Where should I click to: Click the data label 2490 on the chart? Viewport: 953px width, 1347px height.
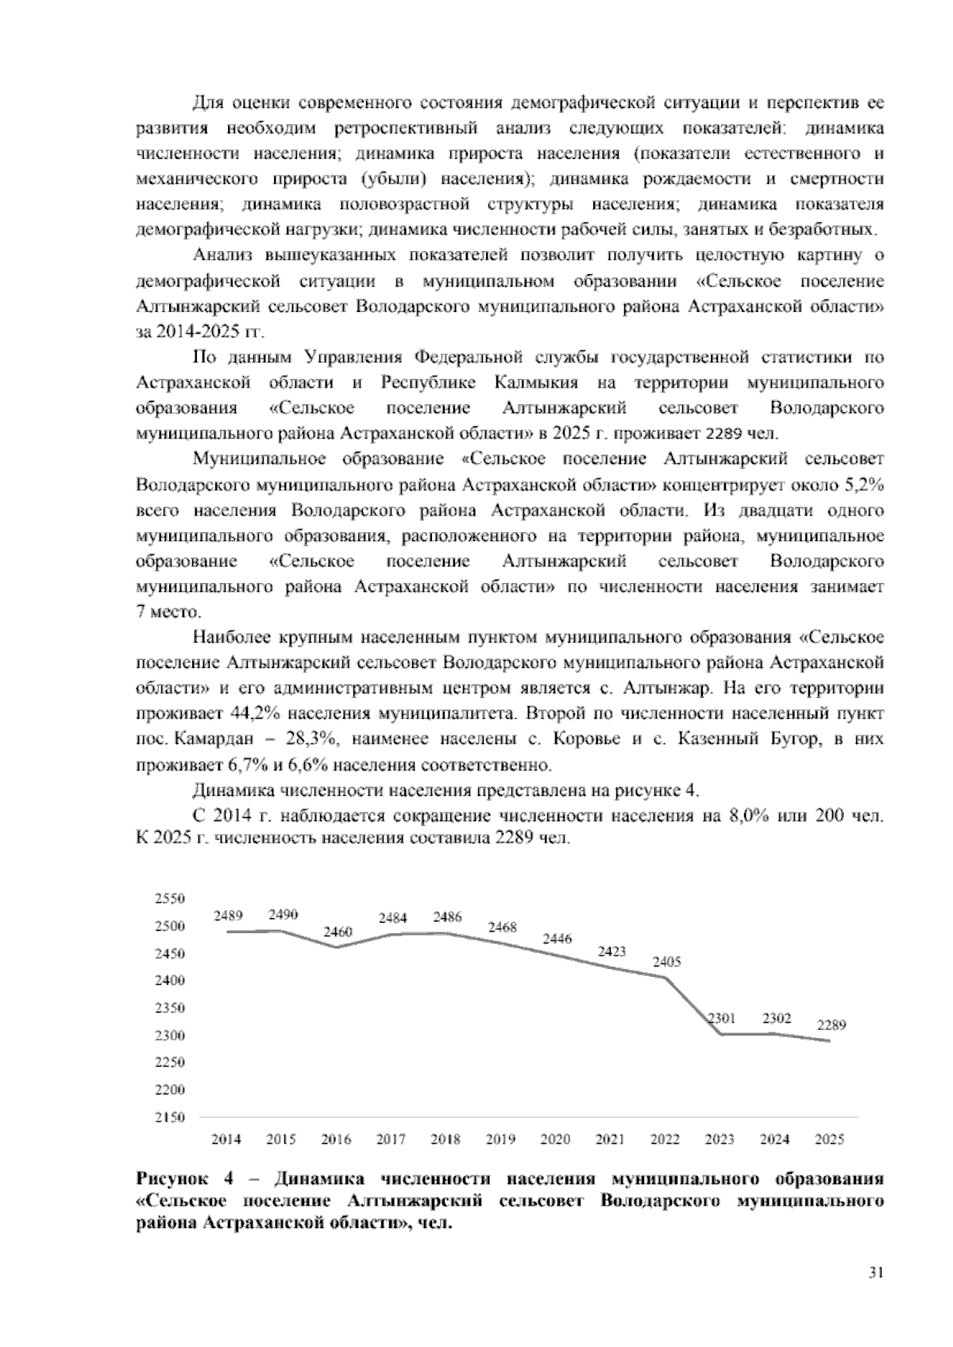click(x=283, y=914)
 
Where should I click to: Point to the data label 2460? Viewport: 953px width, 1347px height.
click(x=338, y=931)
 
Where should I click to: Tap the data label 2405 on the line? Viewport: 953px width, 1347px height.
click(x=666, y=961)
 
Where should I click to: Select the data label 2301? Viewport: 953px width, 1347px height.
click(x=721, y=1017)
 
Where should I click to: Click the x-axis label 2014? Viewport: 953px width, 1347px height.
click(x=226, y=1139)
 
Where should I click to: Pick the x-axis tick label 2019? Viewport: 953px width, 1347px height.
click(x=500, y=1139)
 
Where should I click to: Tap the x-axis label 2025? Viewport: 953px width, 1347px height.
click(x=830, y=1139)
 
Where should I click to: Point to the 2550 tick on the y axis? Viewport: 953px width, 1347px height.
click(x=169, y=898)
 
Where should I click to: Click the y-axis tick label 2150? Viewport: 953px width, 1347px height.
click(x=169, y=1117)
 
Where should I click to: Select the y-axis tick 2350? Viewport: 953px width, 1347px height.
click(x=169, y=1008)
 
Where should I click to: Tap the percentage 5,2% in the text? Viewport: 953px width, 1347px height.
click(x=862, y=484)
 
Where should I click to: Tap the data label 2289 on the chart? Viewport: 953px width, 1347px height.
click(x=831, y=1025)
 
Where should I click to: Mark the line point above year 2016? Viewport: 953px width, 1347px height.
click(x=337, y=947)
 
